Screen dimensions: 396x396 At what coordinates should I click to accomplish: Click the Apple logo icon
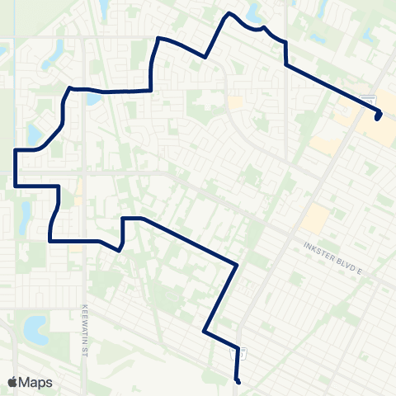(12, 382)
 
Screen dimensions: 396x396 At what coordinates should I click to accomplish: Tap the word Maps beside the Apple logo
(35, 382)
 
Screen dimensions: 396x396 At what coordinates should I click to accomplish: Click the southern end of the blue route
(238, 383)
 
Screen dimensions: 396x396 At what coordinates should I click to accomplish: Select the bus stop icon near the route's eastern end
(372, 99)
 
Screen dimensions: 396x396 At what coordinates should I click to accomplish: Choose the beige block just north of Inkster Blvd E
(315, 219)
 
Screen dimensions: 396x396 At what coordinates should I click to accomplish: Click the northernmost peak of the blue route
(229, 14)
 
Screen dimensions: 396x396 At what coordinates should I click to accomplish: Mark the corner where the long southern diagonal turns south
(238, 265)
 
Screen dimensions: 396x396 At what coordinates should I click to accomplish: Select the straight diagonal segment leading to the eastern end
(330, 87)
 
